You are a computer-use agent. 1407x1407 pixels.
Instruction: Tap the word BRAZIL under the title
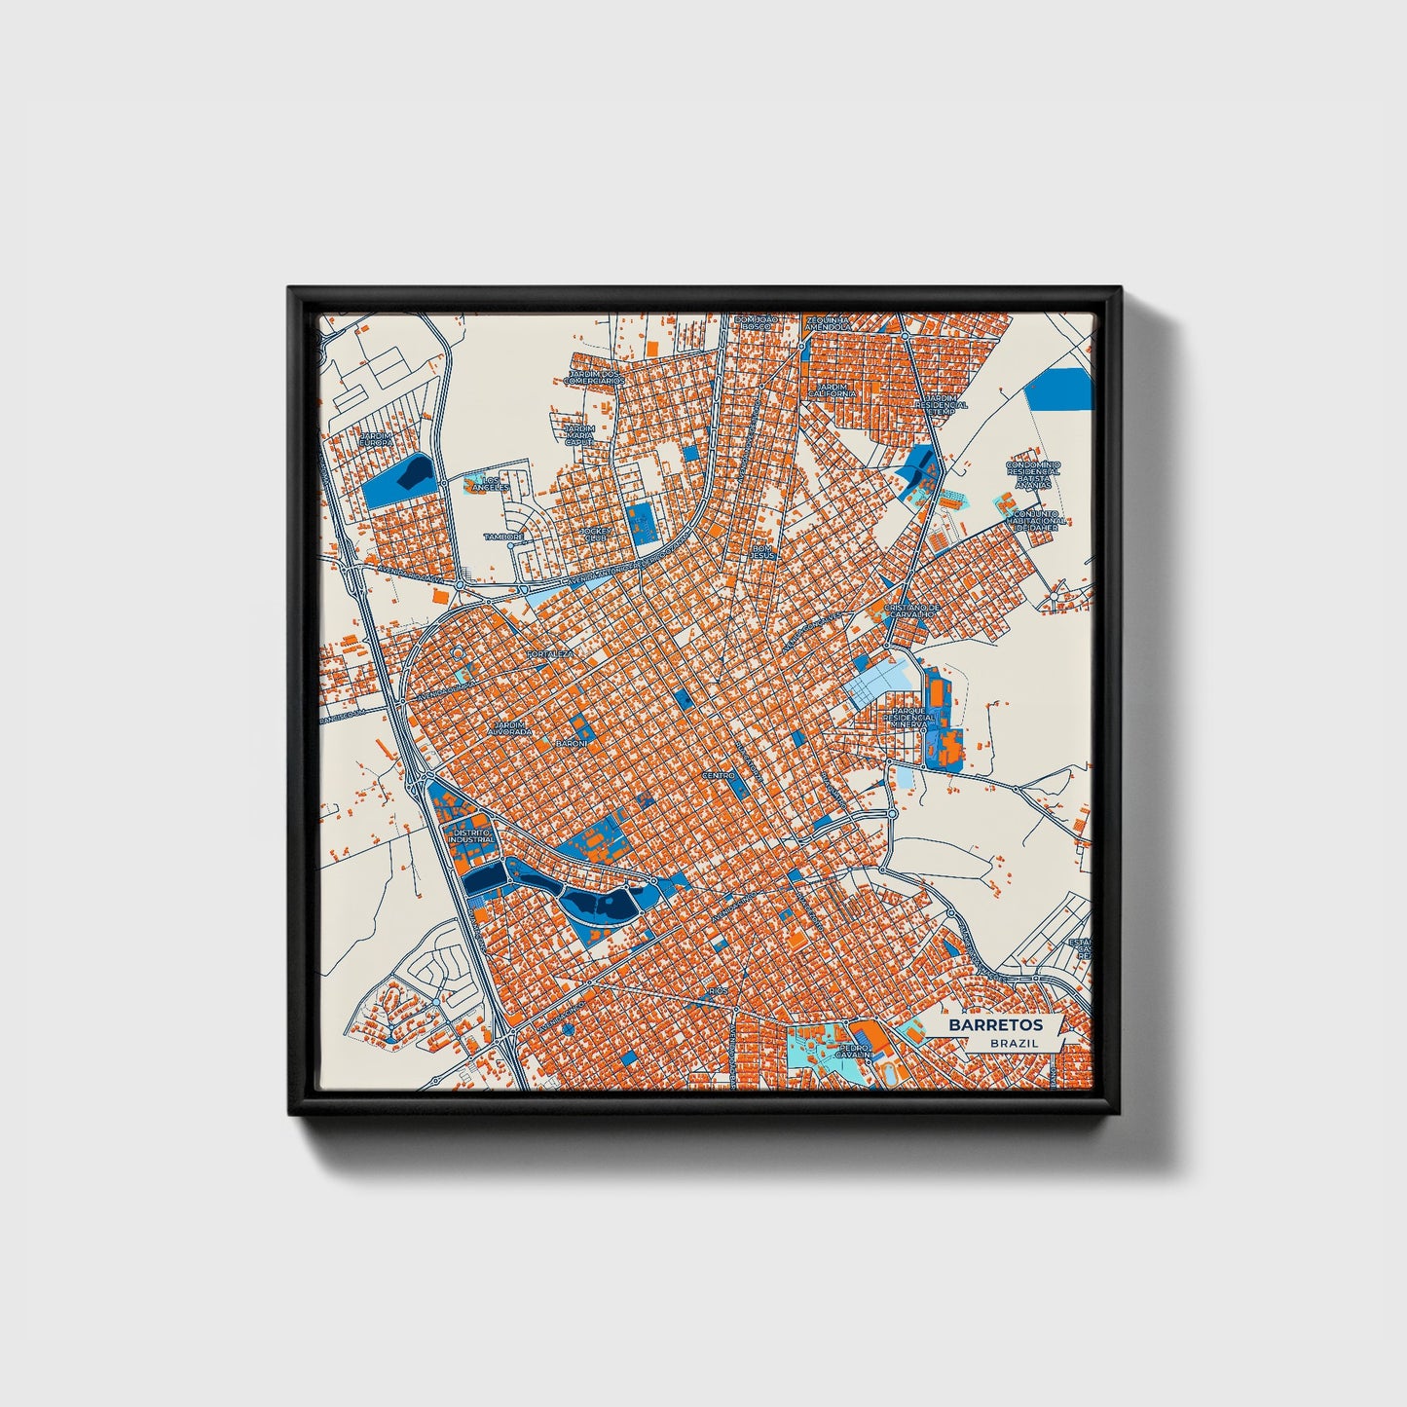coord(1014,1043)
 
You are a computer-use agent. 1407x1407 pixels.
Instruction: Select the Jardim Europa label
coord(377,439)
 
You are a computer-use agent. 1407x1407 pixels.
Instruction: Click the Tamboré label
coord(503,537)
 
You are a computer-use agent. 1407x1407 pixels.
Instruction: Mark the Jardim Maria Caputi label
coord(578,434)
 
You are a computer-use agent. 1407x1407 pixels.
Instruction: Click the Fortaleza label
coord(550,654)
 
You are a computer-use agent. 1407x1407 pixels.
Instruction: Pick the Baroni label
coord(572,744)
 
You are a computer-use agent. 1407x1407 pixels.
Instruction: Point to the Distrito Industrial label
coord(471,835)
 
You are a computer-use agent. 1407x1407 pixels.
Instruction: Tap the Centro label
coord(718,775)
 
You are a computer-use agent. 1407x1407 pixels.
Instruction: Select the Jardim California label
coord(833,389)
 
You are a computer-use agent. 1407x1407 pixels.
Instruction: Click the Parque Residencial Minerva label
coord(913,719)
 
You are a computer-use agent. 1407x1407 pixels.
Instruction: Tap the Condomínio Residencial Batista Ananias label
coord(1032,474)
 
